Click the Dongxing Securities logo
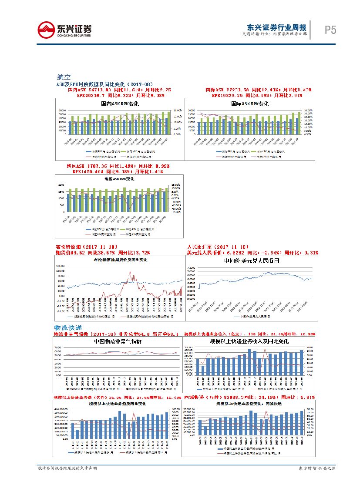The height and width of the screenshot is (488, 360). pos(65,30)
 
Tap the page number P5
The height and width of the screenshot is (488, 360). pos(331,30)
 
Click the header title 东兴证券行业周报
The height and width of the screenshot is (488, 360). pos(276,27)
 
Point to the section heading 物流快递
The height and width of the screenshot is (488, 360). pos(67,327)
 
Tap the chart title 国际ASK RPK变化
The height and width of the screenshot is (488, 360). pos(249,104)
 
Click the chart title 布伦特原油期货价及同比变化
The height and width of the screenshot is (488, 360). pos(121,260)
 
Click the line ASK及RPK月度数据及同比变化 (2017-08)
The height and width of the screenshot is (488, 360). pos(105,84)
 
